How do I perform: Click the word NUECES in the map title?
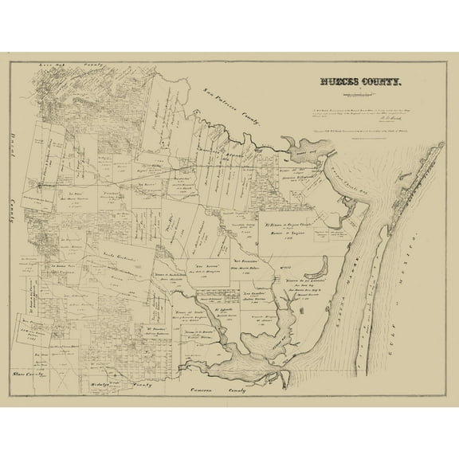point(337,82)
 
